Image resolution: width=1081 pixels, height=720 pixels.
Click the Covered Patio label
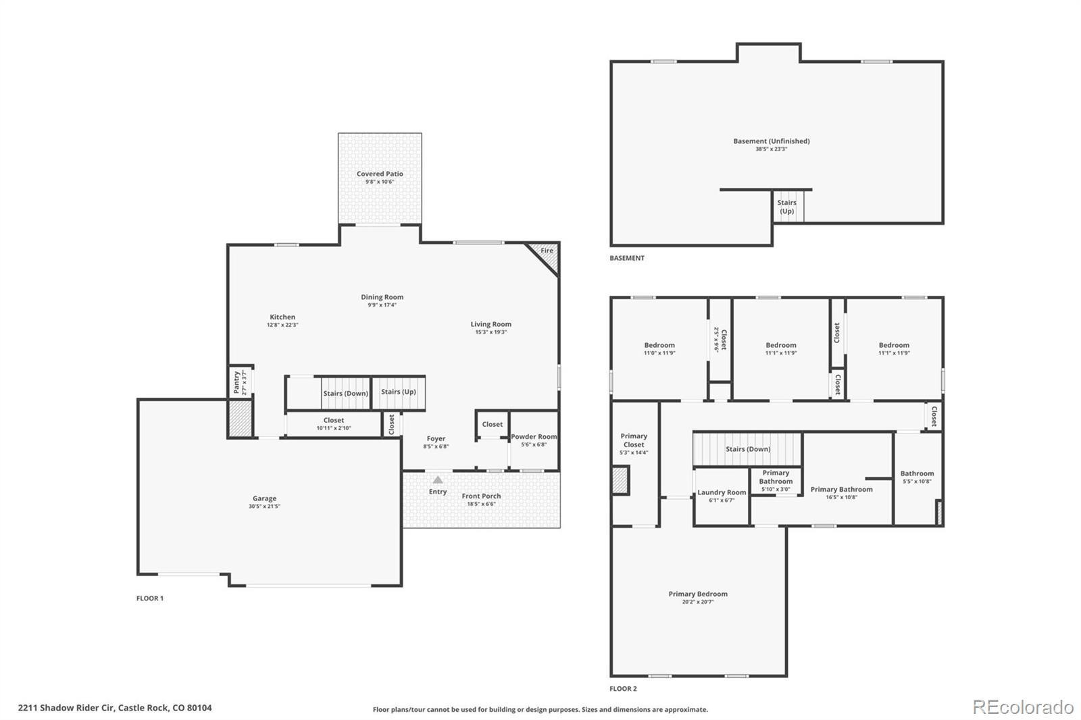pos(380,174)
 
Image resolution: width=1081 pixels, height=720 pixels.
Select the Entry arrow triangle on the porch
pos(438,480)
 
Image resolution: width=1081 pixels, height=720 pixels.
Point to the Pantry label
pos(236,382)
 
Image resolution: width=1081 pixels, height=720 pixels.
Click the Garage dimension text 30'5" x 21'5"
pos(264,506)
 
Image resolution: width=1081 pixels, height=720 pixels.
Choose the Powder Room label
pos(534,437)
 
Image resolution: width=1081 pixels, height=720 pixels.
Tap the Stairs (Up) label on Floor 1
pos(398,392)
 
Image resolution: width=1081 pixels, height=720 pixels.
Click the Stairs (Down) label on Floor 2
pos(748,449)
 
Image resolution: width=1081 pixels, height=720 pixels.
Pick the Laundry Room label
pos(722,492)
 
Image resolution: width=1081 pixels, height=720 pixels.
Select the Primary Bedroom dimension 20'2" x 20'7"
pos(698,602)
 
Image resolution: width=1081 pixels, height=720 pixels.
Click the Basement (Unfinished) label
pos(771,141)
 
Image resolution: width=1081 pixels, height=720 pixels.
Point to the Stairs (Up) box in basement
pos(788,207)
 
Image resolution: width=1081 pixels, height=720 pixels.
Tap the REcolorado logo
pos(1023,707)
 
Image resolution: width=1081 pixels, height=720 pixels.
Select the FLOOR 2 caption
pos(623,689)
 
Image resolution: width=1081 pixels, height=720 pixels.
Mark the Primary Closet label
pos(634,440)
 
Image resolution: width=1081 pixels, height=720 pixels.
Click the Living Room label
pos(491,324)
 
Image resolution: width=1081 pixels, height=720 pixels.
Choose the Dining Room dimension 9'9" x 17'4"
pos(382,305)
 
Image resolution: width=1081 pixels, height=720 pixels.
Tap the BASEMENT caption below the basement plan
pos(627,258)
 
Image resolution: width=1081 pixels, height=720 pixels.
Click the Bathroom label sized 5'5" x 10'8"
pos(917,473)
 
